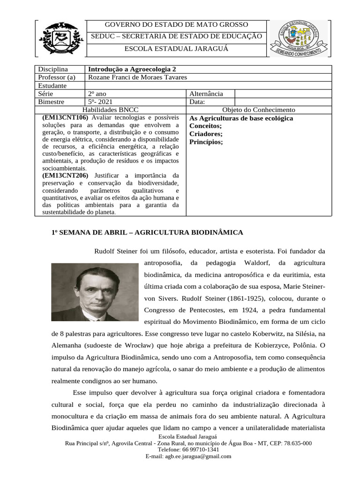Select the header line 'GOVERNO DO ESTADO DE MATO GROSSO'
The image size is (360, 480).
tap(176, 25)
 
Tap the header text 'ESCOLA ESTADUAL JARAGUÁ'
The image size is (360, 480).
tap(176, 49)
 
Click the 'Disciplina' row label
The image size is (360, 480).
tap(53, 69)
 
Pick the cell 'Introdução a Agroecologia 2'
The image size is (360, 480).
tap(132, 69)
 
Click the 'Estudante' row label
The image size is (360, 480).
tap(52, 86)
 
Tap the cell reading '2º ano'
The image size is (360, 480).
tap(97, 94)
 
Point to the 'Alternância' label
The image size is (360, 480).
tap(206, 94)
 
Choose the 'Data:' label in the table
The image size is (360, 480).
tap(197, 102)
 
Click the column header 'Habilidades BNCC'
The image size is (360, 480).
tap(111, 110)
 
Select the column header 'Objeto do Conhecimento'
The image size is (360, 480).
tap(258, 110)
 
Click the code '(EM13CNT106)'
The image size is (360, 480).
tap(66, 118)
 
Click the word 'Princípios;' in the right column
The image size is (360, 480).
tap(206, 142)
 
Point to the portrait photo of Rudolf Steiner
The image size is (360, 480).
tap(95, 292)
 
